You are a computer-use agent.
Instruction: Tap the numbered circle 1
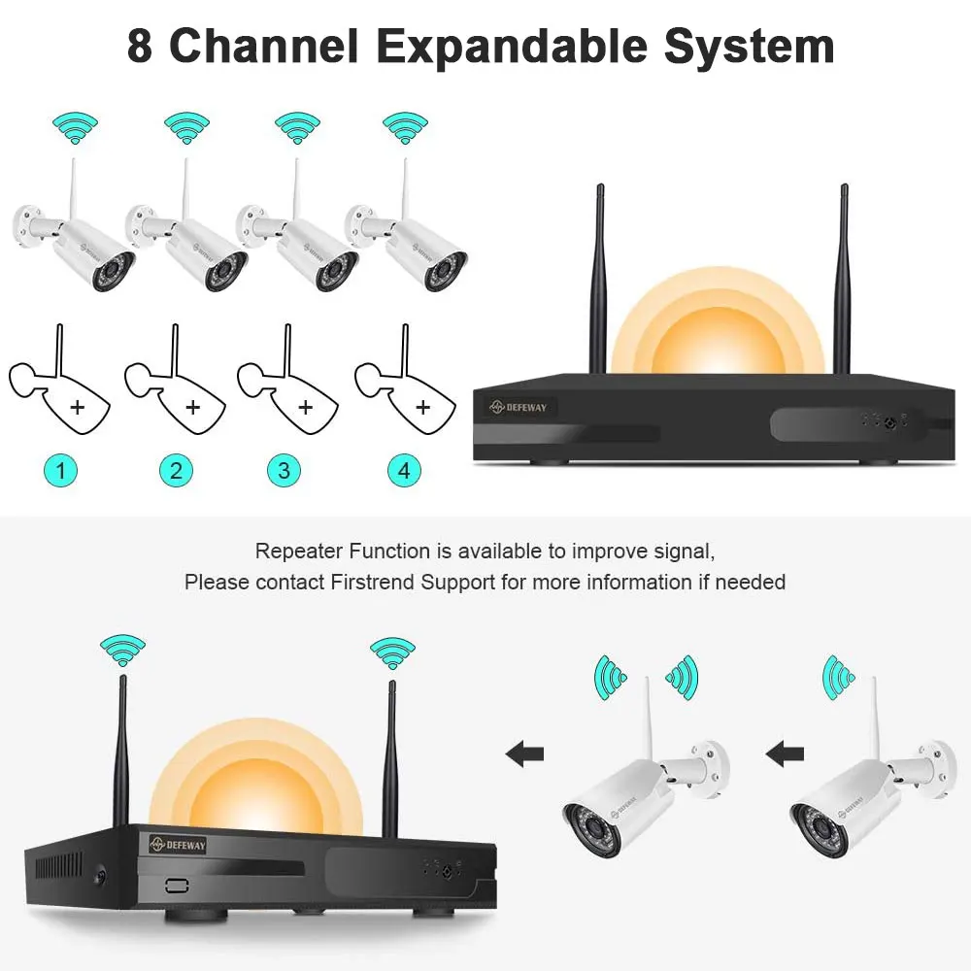[62, 472]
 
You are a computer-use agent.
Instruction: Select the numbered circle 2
[176, 472]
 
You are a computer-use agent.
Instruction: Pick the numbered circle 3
[284, 472]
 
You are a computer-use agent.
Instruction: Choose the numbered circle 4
[404, 472]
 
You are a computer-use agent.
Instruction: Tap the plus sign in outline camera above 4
[422, 406]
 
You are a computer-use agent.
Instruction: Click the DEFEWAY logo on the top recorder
[519, 408]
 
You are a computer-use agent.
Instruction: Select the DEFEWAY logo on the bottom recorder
[178, 846]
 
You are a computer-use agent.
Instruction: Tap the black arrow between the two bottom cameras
[784, 752]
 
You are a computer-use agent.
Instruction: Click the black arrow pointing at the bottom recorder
[524, 752]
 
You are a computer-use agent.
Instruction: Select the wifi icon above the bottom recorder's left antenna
[123, 649]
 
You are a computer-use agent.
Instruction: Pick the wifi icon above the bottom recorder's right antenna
[393, 649]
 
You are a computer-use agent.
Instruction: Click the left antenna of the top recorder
[597, 282]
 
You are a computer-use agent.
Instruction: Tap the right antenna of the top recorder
[843, 282]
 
